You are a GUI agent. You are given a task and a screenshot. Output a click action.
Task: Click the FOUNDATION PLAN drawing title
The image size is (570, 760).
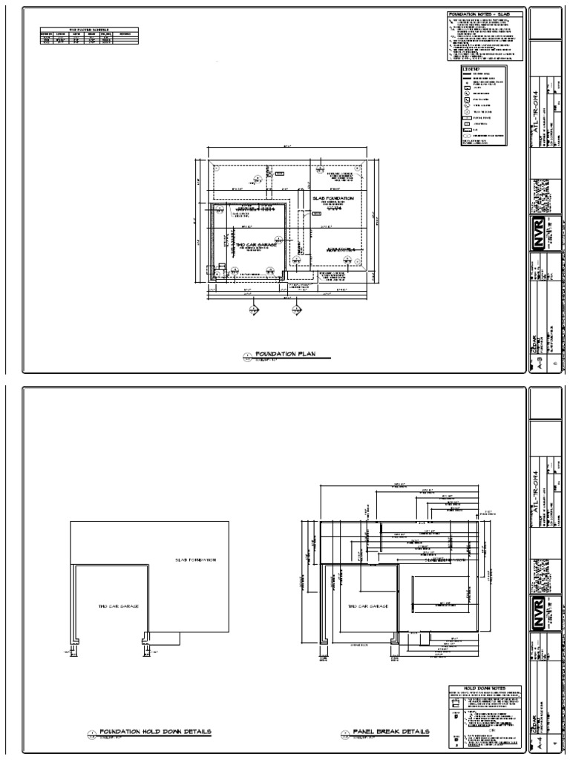[285, 355]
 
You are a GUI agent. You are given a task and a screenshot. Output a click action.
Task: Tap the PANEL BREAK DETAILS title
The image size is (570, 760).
[391, 731]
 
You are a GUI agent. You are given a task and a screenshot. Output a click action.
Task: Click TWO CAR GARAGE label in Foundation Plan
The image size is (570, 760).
[256, 244]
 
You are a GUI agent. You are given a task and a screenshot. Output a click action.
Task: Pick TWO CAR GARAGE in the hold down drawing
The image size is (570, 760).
[119, 606]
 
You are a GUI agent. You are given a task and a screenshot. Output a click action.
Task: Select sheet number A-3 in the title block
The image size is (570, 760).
[540, 362]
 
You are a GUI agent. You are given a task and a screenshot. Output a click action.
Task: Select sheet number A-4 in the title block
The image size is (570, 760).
[540, 740]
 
